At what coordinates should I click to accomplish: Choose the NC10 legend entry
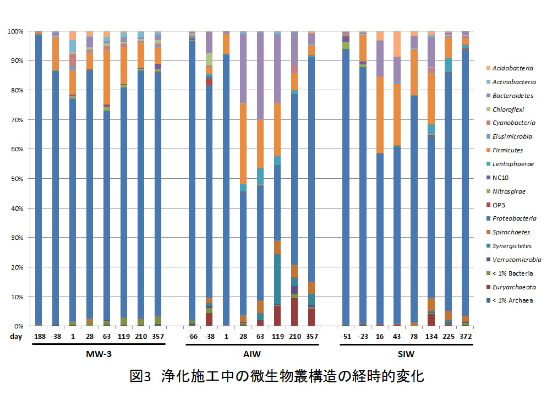(x=504, y=178)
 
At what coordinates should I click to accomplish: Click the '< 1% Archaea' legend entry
(x=513, y=300)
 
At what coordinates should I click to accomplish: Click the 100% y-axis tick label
(x=13, y=31)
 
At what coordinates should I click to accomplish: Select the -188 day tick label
(x=39, y=336)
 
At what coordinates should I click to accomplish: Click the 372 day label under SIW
(x=466, y=336)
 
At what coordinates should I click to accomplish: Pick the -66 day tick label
(x=192, y=336)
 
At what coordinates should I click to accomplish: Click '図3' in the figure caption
(x=141, y=376)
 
